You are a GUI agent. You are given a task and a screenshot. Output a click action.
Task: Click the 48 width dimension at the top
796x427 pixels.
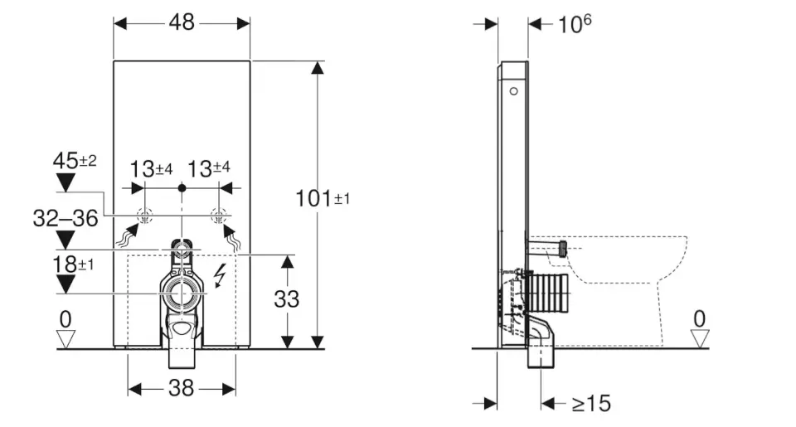coord(182,22)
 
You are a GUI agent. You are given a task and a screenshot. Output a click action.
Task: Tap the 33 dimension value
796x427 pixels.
coord(287,298)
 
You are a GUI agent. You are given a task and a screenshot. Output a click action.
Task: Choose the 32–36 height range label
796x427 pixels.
coord(66,219)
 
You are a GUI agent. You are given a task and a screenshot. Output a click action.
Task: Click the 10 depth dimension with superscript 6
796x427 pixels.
coord(574,24)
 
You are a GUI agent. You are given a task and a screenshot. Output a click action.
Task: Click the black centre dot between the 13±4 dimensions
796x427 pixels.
coord(182,189)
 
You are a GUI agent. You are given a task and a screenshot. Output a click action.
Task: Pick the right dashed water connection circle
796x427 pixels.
coord(219,217)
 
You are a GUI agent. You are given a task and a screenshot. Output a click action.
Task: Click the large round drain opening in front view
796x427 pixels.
coord(182,293)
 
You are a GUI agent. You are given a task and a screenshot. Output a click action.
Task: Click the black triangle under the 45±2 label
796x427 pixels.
coord(64,184)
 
